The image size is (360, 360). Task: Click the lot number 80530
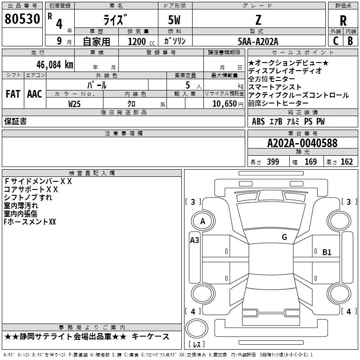[x=22, y=19]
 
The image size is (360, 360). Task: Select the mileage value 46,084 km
[x=55, y=65]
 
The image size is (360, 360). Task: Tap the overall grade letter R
[x=343, y=21]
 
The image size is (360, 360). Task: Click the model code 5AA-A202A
[x=258, y=41]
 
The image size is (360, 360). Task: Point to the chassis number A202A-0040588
[x=302, y=143]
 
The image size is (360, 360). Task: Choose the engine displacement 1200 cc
[x=141, y=41]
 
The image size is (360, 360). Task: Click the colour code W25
[x=74, y=104]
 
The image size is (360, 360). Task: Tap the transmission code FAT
[x=13, y=94]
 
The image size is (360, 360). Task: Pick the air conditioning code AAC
[x=35, y=94]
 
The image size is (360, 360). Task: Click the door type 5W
[x=174, y=20]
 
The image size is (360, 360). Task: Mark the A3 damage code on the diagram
[x=194, y=240]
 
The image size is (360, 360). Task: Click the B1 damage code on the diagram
[x=327, y=252]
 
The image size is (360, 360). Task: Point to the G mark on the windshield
[x=284, y=237]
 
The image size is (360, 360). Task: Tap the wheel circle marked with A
[x=203, y=221]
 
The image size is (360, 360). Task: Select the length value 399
[x=273, y=162]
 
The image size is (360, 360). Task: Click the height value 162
[x=346, y=162]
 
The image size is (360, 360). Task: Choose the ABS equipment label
[x=258, y=121]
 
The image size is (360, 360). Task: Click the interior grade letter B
[x=350, y=41]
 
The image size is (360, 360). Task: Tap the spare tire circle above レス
[x=197, y=328]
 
